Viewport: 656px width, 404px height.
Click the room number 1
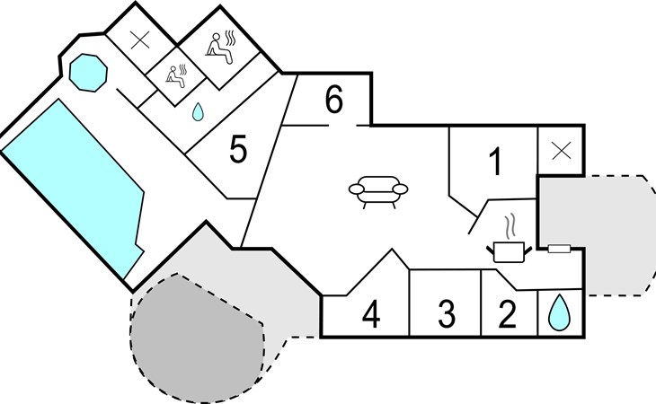click(495, 162)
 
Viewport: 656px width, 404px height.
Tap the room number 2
click(508, 313)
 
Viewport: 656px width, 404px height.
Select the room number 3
click(447, 313)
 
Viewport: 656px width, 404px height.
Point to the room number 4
click(371, 313)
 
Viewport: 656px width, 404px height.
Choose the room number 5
click(238, 150)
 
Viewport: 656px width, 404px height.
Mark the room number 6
click(334, 100)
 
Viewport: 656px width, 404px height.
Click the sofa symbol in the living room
click(377, 192)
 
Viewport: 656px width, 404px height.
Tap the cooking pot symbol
click(509, 251)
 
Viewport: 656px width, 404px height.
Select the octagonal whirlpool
click(88, 73)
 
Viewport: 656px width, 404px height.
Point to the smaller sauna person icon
click(175, 76)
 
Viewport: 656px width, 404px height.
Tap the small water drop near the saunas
click(198, 112)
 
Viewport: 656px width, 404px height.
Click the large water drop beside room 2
click(559, 312)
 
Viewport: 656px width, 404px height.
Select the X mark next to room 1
click(562, 151)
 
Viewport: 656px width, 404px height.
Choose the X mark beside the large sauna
click(140, 40)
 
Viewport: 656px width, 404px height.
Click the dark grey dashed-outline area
click(197, 338)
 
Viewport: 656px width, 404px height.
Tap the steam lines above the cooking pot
click(510, 226)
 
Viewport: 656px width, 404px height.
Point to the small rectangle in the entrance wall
click(559, 249)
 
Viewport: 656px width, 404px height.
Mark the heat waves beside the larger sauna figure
click(230, 39)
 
